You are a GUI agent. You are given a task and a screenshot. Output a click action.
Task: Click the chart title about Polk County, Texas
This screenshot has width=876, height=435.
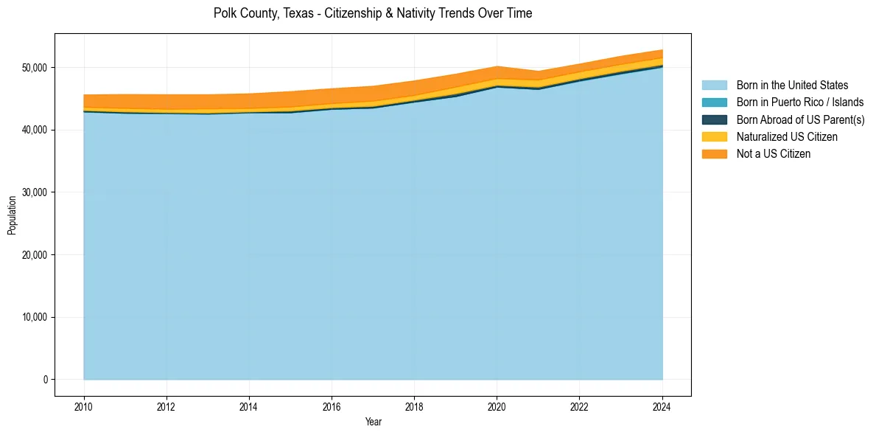coord(372,13)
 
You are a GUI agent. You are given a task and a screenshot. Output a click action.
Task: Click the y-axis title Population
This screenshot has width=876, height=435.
coord(12,215)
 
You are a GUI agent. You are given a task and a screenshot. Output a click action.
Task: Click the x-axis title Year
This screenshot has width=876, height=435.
coord(373,422)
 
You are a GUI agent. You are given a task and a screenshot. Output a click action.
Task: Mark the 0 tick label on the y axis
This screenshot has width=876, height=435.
coord(45,380)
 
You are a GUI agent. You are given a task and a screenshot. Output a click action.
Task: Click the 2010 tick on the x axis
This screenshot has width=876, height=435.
coord(84,406)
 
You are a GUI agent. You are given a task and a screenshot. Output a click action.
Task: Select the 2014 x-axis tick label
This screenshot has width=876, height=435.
coord(249,406)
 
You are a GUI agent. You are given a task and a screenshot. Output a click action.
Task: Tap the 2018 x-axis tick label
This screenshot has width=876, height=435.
coord(414,406)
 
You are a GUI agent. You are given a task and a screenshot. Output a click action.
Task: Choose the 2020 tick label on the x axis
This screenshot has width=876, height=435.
coord(497,406)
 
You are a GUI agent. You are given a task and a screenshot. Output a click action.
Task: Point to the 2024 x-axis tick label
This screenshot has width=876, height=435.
coord(662,406)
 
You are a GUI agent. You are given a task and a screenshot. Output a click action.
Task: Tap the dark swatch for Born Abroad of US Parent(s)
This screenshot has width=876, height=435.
coord(714,119)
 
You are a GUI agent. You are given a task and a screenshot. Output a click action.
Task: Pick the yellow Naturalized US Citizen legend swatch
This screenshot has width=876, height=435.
coord(714,137)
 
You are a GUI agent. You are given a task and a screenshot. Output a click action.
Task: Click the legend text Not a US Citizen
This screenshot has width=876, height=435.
coord(774,154)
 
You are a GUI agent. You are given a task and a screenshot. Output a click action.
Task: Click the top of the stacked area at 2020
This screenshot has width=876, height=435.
coord(497,66)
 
